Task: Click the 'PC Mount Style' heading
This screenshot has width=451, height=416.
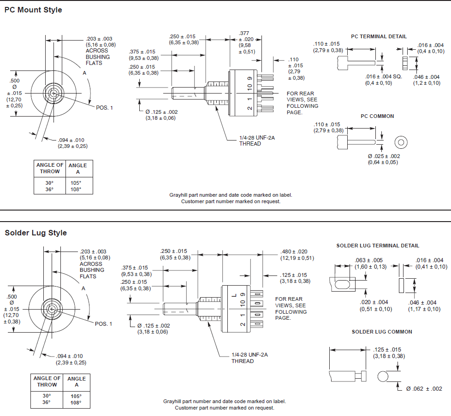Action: pyautogui.click(x=33, y=10)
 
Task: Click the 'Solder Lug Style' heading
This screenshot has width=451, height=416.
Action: pyautogui.click(x=36, y=233)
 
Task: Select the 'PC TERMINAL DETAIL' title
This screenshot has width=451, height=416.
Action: pyautogui.click(x=379, y=36)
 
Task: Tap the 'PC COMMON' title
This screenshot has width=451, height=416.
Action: pyautogui.click(x=377, y=116)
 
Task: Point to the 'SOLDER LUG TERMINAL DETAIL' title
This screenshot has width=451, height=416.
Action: pyautogui.click(x=378, y=246)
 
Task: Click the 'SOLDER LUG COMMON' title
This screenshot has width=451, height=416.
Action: pyautogui.click(x=382, y=332)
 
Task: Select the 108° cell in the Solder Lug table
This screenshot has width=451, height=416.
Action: pyautogui.click(x=76, y=402)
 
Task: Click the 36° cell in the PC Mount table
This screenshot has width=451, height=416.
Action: pyautogui.click(x=49, y=189)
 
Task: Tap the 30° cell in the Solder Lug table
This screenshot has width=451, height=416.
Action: pyautogui.click(x=47, y=396)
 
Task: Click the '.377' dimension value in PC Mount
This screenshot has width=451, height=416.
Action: pyautogui.click(x=244, y=33)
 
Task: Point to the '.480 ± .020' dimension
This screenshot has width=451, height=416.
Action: pyautogui.click(x=294, y=252)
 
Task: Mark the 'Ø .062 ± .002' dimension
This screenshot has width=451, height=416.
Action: pyautogui.click(x=424, y=389)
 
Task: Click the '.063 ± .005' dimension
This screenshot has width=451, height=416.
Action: pyautogui.click(x=368, y=260)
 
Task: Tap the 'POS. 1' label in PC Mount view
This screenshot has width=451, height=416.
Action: pyautogui.click(x=104, y=107)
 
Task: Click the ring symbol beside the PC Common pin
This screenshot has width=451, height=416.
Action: pyautogui.click(x=401, y=142)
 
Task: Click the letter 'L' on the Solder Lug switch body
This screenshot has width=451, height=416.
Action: pyautogui.click(x=234, y=295)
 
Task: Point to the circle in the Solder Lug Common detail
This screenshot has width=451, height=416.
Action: pyautogui.click(x=383, y=377)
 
